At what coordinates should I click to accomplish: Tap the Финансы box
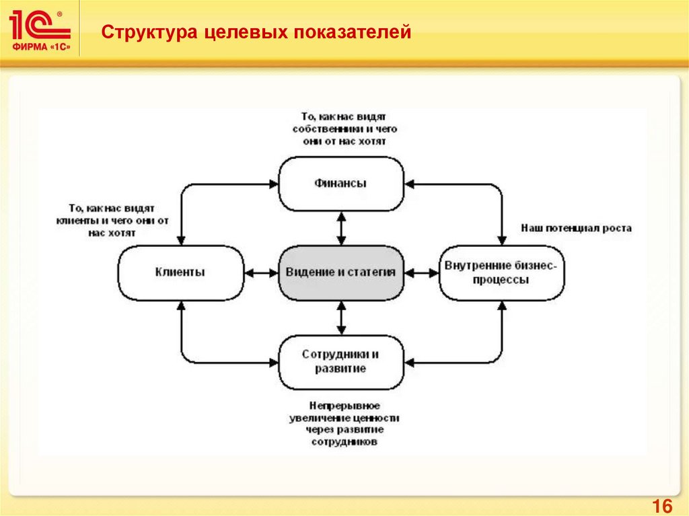pyautogui.click(x=341, y=184)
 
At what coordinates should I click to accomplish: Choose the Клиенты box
pyautogui.click(x=180, y=272)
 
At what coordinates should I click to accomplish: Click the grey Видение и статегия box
pyautogui.click(x=341, y=272)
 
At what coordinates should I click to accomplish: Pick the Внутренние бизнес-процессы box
pyautogui.click(x=501, y=272)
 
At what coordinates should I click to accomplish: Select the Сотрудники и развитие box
pyautogui.click(x=341, y=361)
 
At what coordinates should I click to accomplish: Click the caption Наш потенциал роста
pyautogui.click(x=576, y=228)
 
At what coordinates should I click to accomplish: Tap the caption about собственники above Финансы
pyautogui.click(x=340, y=128)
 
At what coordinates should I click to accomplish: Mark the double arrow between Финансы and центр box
pyautogui.click(x=341, y=229)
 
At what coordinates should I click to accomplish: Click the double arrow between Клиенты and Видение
pyautogui.click(x=261, y=272)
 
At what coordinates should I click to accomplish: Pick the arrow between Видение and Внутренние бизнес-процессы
pyautogui.click(x=421, y=272)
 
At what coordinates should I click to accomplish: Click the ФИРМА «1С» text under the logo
pyautogui.click(x=40, y=47)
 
